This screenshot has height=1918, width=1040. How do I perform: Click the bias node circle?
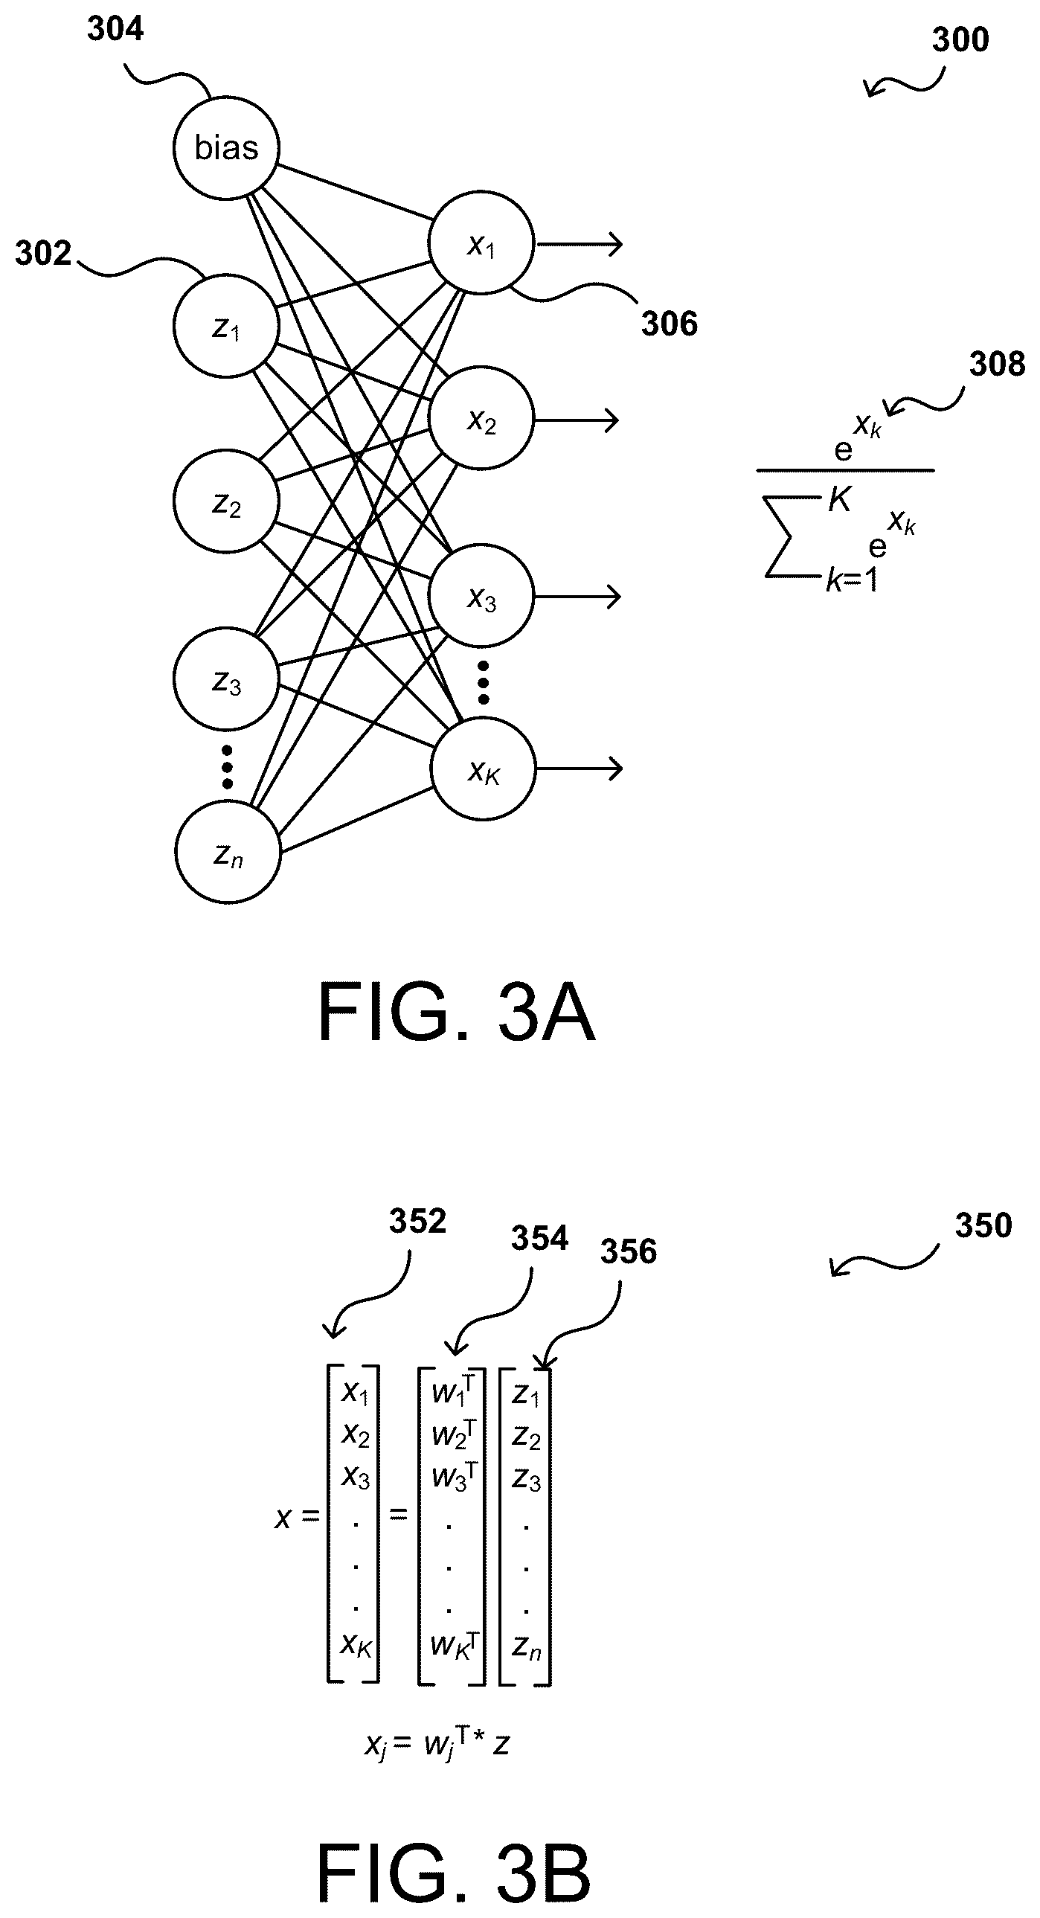click(226, 147)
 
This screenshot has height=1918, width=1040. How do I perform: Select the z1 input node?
click(226, 326)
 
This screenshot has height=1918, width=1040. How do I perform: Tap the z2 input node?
click(226, 502)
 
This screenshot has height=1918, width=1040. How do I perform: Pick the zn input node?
click(228, 853)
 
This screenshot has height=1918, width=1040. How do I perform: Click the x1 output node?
click(481, 243)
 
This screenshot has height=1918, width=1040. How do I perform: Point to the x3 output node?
click(481, 596)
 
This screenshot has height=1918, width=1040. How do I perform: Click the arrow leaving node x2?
click(577, 420)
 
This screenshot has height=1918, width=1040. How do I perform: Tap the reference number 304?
click(115, 29)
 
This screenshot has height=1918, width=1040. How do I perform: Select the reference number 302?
click(43, 254)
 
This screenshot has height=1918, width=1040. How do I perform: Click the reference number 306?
click(670, 324)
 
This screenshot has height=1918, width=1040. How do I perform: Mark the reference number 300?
click(960, 39)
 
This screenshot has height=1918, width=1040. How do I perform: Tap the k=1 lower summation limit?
click(852, 580)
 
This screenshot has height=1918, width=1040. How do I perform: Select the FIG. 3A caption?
click(456, 1013)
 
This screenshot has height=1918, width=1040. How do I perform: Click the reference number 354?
click(540, 1238)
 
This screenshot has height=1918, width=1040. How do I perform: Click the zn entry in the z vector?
click(527, 1649)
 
